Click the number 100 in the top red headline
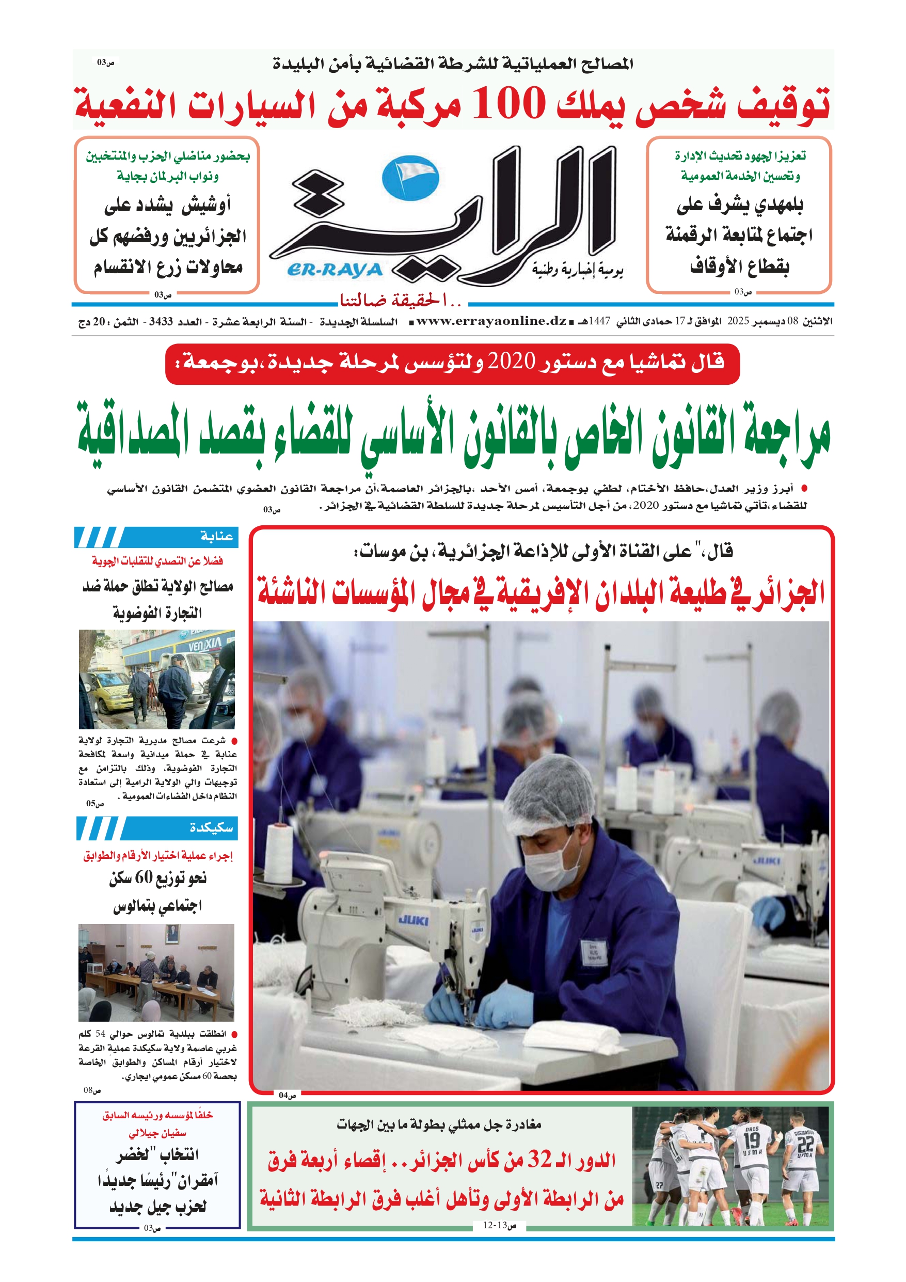click(508, 104)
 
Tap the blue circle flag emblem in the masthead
click(410, 178)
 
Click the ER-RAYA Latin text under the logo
click(335, 270)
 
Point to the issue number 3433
click(161, 322)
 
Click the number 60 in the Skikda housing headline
click(144, 877)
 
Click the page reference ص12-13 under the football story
click(499, 1225)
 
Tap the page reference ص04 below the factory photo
click(287, 1096)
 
